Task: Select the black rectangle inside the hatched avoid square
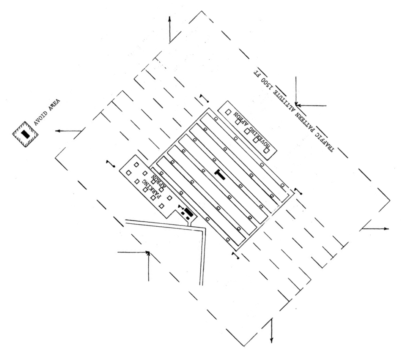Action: coord(25,133)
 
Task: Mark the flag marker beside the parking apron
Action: coord(111,163)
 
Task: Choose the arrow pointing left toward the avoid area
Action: coord(68,131)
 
